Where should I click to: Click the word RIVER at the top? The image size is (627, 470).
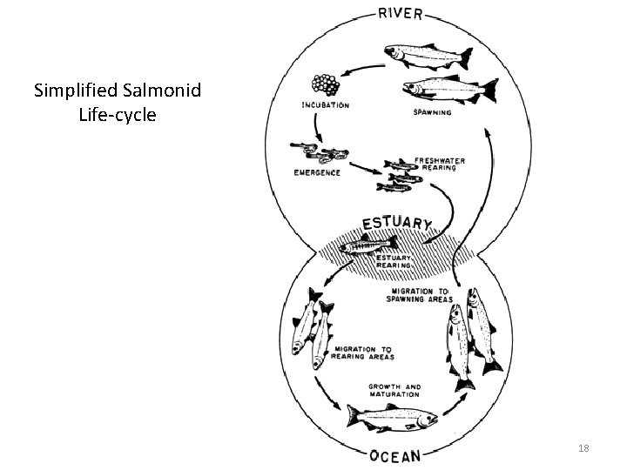pyautogui.click(x=401, y=13)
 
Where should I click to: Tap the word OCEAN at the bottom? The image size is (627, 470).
pyautogui.click(x=396, y=455)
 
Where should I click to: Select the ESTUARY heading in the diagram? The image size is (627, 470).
pyautogui.click(x=396, y=222)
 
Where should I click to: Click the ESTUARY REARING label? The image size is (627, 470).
pyautogui.click(x=395, y=261)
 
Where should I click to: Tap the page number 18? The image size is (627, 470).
pyautogui.click(x=583, y=446)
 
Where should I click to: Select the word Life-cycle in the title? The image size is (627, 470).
pyautogui.click(x=117, y=114)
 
